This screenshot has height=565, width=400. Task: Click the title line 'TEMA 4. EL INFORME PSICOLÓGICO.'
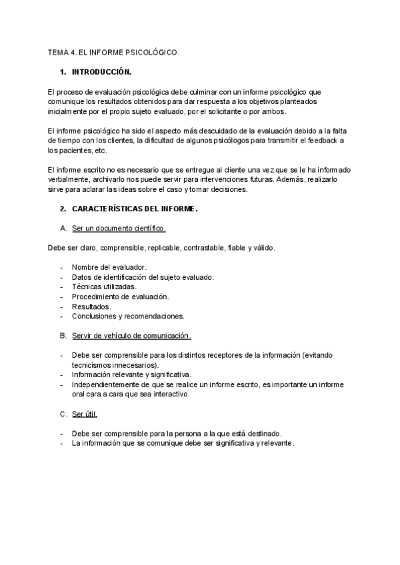(114, 51)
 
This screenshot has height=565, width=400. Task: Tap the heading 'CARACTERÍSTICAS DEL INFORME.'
(135, 209)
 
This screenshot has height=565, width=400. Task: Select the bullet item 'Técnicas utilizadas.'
(104, 286)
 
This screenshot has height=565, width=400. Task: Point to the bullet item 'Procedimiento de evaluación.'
(120, 296)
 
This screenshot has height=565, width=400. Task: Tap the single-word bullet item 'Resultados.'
(91, 306)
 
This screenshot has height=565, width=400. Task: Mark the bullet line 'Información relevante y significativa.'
(131, 374)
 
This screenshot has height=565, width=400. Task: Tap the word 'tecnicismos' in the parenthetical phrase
(93, 365)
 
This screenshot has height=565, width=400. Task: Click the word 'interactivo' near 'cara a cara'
(170, 394)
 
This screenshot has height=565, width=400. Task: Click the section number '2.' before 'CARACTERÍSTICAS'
(63, 209)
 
